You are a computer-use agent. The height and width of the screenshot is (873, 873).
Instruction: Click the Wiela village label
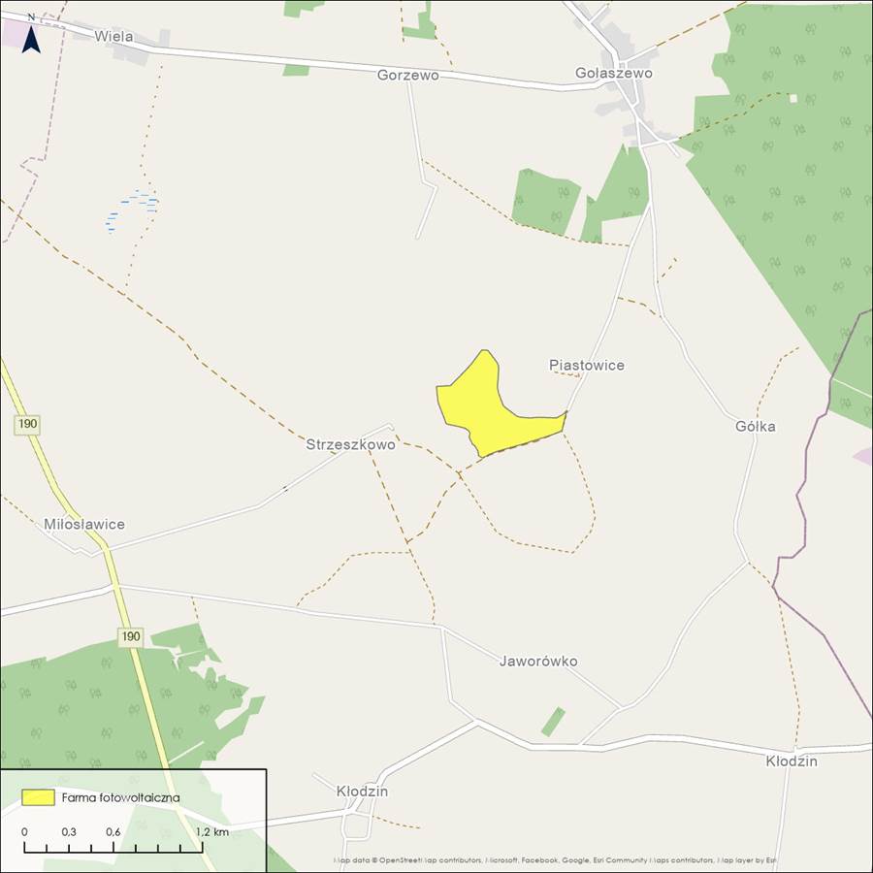[x=113, y=37]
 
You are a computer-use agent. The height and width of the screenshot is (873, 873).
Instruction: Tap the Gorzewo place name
[x=407, y=75]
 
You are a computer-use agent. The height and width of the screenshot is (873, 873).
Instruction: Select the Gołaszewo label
[x=613, y=73]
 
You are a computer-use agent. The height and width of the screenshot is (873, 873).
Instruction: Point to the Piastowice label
[x=587, y=365]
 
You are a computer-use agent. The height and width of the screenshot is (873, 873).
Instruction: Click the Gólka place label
[x=755, y=426]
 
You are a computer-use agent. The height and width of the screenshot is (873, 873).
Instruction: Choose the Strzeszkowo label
[x=350, y=445]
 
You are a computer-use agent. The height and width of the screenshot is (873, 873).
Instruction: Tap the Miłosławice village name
[x=84, y=524]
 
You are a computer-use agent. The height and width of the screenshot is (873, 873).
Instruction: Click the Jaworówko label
[x=538, y=662]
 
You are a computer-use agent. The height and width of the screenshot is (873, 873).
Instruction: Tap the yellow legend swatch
[x=38, y=797]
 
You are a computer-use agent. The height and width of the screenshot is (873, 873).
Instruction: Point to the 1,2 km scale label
[x=212, y=832]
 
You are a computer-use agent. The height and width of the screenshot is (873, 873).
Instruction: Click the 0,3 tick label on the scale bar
[x=69, y=832]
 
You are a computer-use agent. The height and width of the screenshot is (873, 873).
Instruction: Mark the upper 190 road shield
[x=27, y=424]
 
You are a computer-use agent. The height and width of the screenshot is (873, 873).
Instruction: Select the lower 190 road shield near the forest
[x=131, y=637]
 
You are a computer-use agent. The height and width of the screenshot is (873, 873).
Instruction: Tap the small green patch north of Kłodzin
[x=553, y=721]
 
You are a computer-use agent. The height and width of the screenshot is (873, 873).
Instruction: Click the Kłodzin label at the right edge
[x=791, y=761]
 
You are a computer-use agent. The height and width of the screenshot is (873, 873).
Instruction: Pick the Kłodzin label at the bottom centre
[x=362, y=792]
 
